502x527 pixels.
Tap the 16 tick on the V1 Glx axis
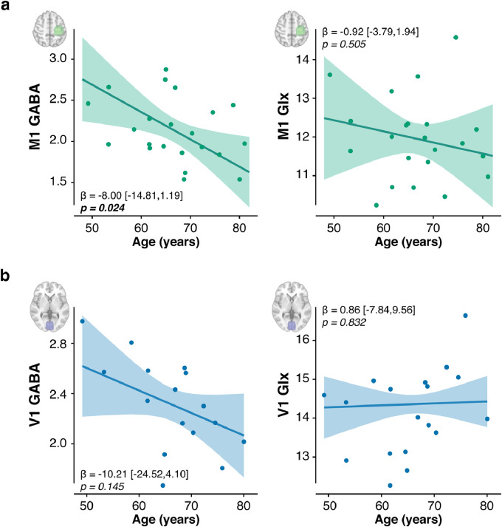click(311, 340)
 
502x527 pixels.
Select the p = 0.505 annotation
click(346, 44)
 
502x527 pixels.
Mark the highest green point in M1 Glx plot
click(455, 37)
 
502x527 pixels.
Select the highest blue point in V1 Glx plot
click(465, 316)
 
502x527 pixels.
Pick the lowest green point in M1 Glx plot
click(376, 205)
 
